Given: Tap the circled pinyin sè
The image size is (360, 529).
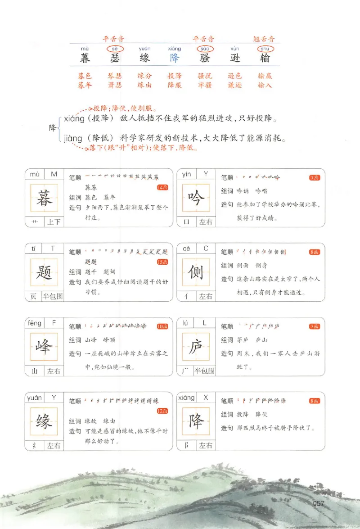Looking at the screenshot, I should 114,49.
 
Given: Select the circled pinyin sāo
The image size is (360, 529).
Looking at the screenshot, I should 205,49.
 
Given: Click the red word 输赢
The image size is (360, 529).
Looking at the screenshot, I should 265,76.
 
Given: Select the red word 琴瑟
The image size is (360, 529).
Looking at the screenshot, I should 115,76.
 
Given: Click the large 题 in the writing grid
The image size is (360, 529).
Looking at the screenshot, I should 44,272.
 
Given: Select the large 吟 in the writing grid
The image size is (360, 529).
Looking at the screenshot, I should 196,198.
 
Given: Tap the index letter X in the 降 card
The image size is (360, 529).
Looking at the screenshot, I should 206,398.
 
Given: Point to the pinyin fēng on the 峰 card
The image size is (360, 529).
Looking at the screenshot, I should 35,323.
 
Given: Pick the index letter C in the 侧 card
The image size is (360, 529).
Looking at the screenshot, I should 206,249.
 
